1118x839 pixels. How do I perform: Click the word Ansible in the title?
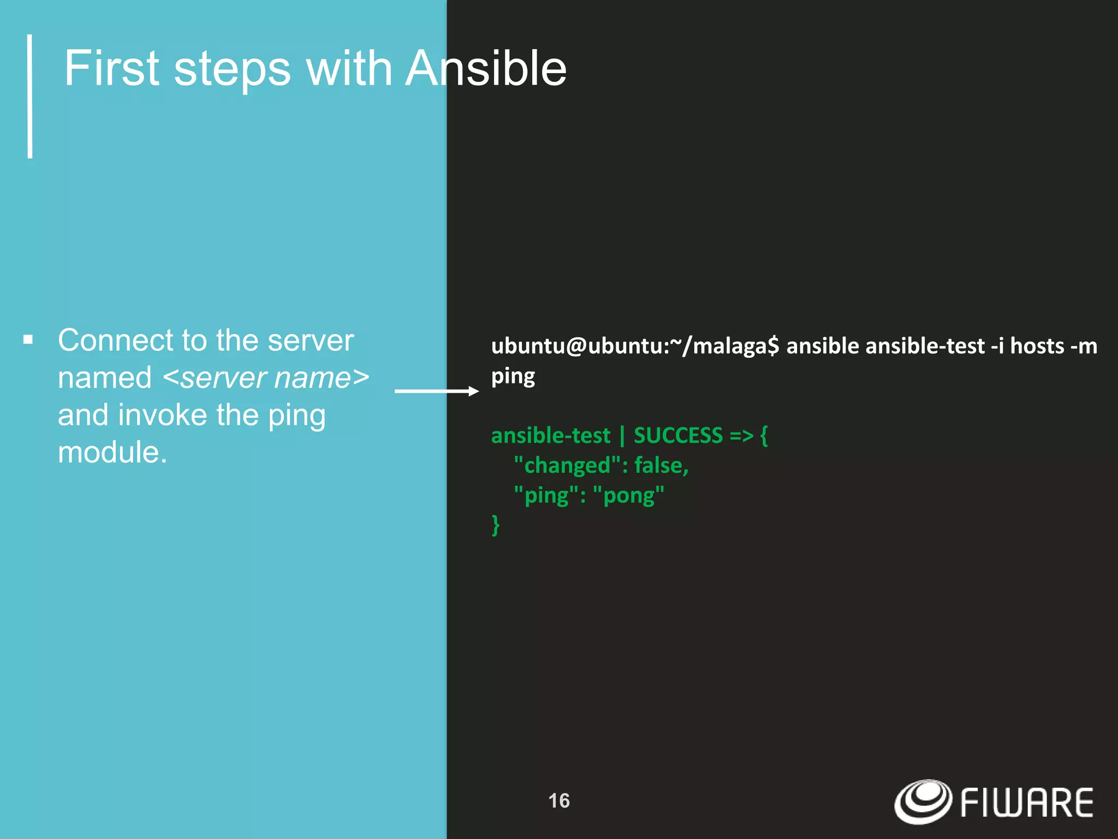(485, 69)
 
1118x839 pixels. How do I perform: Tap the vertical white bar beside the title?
(30, 96)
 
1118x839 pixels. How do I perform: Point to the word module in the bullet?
(112, 452)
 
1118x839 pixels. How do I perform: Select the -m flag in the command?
(1084, 346)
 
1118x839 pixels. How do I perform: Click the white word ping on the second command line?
(513, 377)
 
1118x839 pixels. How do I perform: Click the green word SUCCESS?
(678, 435)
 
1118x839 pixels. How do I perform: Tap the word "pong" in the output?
(628, 495)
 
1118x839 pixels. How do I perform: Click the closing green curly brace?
(495, 525)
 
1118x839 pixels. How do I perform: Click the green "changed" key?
(567, 465)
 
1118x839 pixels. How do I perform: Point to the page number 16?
(558, 801)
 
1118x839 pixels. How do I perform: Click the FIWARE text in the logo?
(1026, 803)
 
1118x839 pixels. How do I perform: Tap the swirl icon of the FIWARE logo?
(923, 801)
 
